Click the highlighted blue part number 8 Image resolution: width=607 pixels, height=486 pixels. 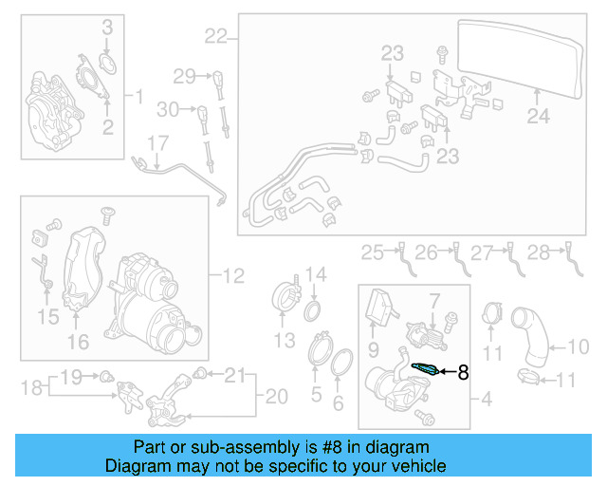tap(423, 368)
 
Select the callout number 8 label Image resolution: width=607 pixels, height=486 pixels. tap(463, 373)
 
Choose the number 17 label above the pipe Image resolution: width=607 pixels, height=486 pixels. tap(156, 143)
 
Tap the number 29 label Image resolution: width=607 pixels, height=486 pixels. tap(184, 76)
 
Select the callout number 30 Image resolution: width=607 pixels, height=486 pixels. tap(168, 110)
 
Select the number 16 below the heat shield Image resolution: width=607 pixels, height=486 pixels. tap(77, 340)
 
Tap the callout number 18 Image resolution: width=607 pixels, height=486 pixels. tap(31, 386)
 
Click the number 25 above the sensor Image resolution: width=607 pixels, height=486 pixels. tap(372, 252)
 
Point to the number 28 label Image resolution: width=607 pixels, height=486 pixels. tap(540, 252)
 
